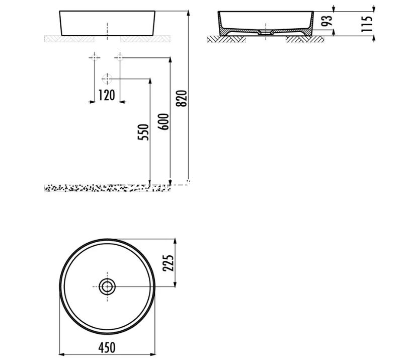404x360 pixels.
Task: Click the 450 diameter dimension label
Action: (106, 347)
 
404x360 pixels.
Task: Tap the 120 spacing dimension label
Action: (106, 95)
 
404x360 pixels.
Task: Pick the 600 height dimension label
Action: (164, 120)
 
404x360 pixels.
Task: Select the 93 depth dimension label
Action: (343, 21)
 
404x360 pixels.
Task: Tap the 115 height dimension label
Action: (368, 24)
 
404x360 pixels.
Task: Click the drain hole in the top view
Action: (107, 286)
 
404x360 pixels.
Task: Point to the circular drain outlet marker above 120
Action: (106, 79)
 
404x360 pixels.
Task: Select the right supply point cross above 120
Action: (119, 57)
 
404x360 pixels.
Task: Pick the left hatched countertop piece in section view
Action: (226, 38)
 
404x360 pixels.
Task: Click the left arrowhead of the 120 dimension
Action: (92, 102)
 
